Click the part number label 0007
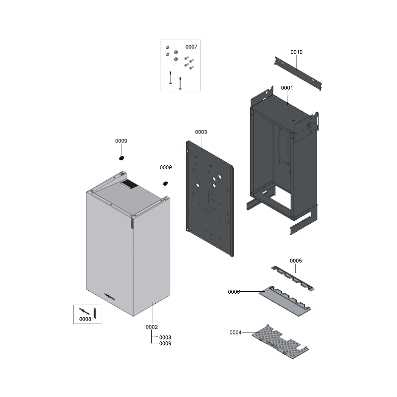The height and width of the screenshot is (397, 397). tap(191, 47)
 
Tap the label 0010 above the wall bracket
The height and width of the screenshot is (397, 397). tap(296, 52)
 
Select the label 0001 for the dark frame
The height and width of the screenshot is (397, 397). tap(287, 88)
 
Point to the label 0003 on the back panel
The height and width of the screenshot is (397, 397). tap(201, 132)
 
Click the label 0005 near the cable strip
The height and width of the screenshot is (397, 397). tap(296, 261)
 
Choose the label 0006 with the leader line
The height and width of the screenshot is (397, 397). tap(234, 292)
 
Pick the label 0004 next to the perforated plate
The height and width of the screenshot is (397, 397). tap(235, 332)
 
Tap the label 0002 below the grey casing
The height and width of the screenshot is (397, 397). tap(152, 327)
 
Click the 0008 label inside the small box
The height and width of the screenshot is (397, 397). tap(85, 319)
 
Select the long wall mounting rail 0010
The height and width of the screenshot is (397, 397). tap(298, 73)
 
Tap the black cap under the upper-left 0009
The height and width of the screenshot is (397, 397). tap(122, 158)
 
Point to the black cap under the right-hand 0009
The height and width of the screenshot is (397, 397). tap(166, 183)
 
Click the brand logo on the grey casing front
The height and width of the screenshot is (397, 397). tap(110, 296)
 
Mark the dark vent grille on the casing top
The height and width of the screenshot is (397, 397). tap(129, 184)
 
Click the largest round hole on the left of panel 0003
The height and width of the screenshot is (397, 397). tap(198, 185)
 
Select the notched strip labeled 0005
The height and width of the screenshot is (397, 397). tap(292, 278)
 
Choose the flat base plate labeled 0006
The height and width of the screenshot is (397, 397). tap(285, 301)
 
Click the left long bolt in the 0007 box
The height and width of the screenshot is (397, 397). tap(170, 77)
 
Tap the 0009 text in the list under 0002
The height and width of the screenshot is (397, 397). tap(165, 343)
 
